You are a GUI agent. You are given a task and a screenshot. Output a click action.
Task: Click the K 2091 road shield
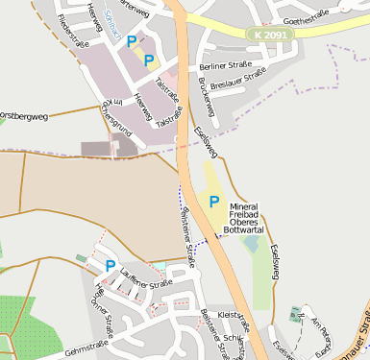pyautogui.click(x=272, y=35)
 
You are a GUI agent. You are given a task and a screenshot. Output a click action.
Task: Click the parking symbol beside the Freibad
pyautogui.click(x=214, y=202)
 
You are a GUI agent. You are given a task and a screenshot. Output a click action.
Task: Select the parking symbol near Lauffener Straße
pyautogui.click(x=111, y=265)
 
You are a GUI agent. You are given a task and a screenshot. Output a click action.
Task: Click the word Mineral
pyautogui.click(x=244, y=207)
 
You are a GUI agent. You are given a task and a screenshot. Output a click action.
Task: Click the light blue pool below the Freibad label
pyautogui.click(x=251, y=244)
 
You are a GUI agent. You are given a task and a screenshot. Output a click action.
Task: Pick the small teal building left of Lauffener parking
pyautogui.click(x=82, y=257)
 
